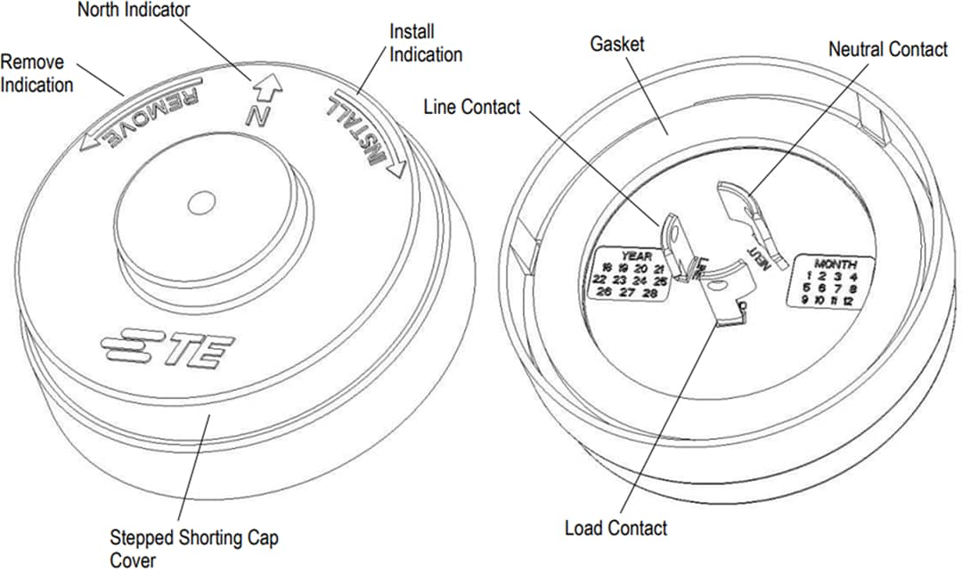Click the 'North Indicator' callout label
pyautogui.click(x=134, y=11)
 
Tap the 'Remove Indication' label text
pyautogui.click(x=37, y=74)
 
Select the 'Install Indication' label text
pyautogui.click(x=426, y=44)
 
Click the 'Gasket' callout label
pyautogui.click(x=618, y=43)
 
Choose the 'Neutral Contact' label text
pyautogui.click(x=887, y=50)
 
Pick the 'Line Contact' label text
pyautogui.click(x=471, y=108)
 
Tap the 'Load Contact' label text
pyautogui.click(x=616, y=528)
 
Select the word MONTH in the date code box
pyautogui.click(x=835, y=264)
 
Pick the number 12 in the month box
pyautogui.click(x=847, y=301)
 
